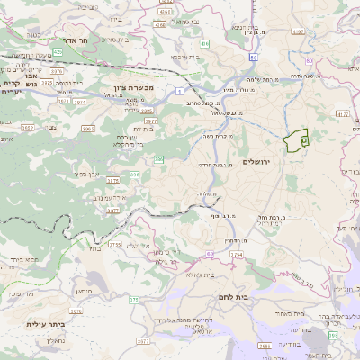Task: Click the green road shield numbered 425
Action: [x=58, y=53]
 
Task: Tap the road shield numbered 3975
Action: [x=151, y=121]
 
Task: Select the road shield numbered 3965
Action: [x=88, y=130]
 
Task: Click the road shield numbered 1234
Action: [x=237, y=256]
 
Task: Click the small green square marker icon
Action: [x=303, y=140]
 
